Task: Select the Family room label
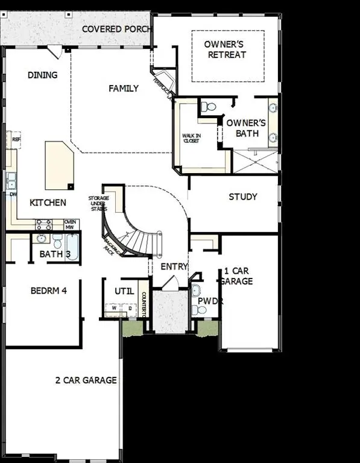(x=124, y=89)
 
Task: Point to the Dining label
(x=42, y=75)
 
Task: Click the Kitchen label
(x=48, y=203)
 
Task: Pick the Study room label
(x=243, y=197)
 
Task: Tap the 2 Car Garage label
(x=86, y=380)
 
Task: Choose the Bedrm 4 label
(x=48, y=291)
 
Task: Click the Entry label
(x=174, y=266)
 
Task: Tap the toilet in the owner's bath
(x=208, y=107)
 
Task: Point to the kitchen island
(x=59, y=165)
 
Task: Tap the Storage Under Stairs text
(x=98, y=203)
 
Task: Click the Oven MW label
(x=71, y=225)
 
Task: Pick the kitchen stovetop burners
(x=44, y=225)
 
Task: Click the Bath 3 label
(x=55, y=254)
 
